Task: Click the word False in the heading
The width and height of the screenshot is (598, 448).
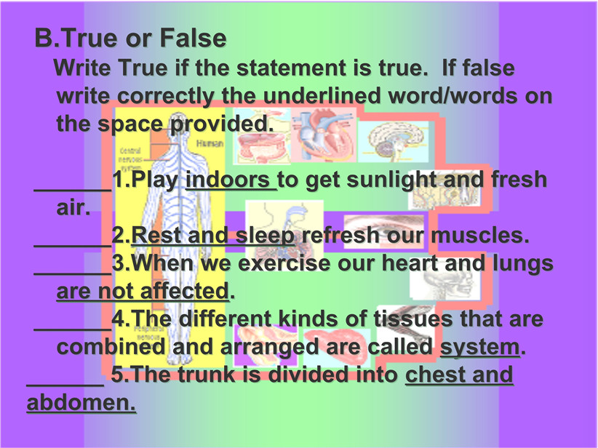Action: (193, 38)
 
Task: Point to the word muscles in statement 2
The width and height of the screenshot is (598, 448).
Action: (480, 235)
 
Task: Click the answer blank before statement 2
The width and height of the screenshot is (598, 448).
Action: (73, 245)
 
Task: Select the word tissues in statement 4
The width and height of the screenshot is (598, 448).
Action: (412, 319)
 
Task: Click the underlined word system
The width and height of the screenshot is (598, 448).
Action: (479, 348)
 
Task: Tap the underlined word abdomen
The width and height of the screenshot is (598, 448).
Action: (81, 402)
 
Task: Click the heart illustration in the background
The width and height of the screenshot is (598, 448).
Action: (324, 136)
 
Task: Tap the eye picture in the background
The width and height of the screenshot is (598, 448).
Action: (383, 231)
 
